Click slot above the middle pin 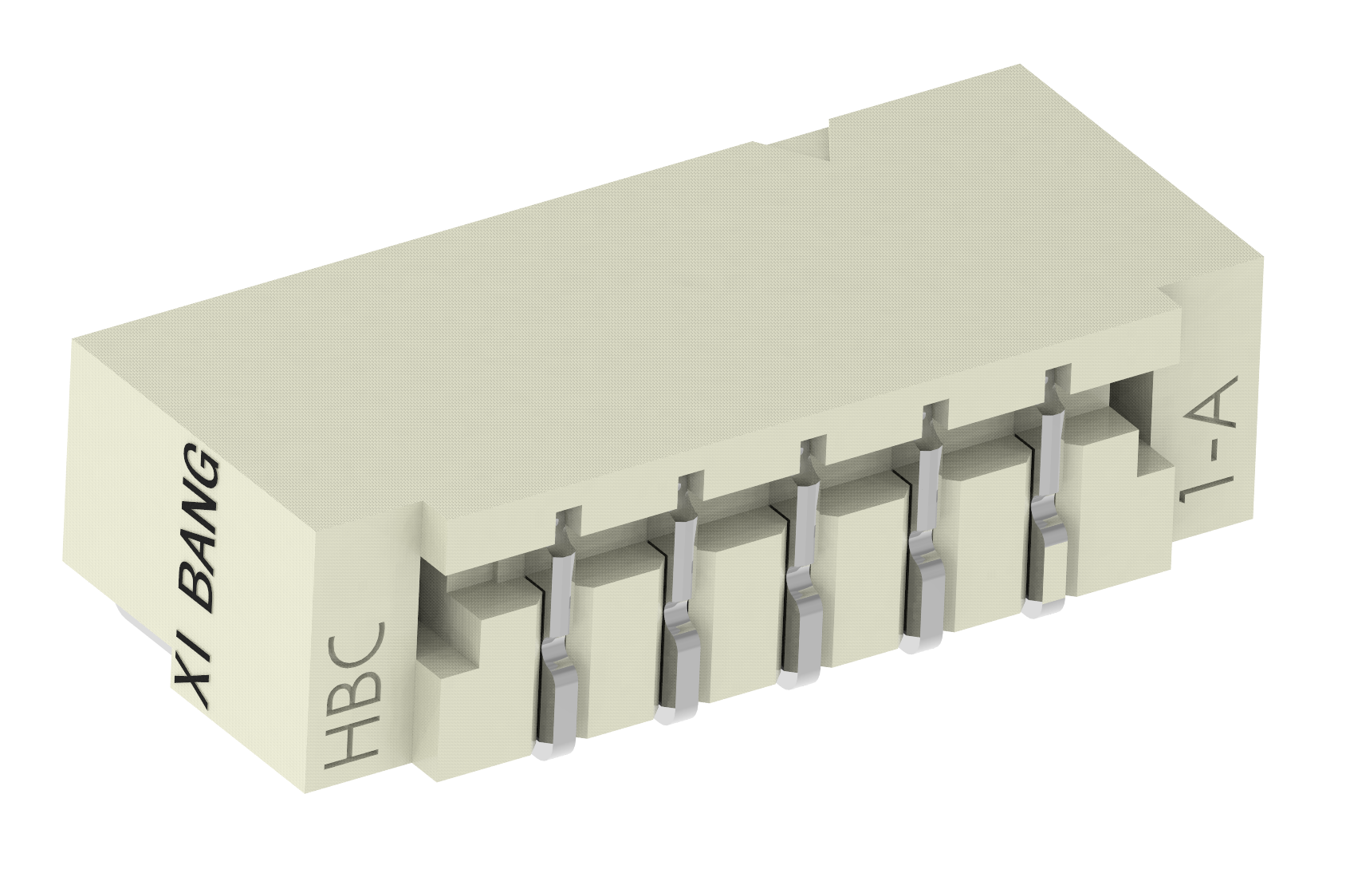point(810,455)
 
